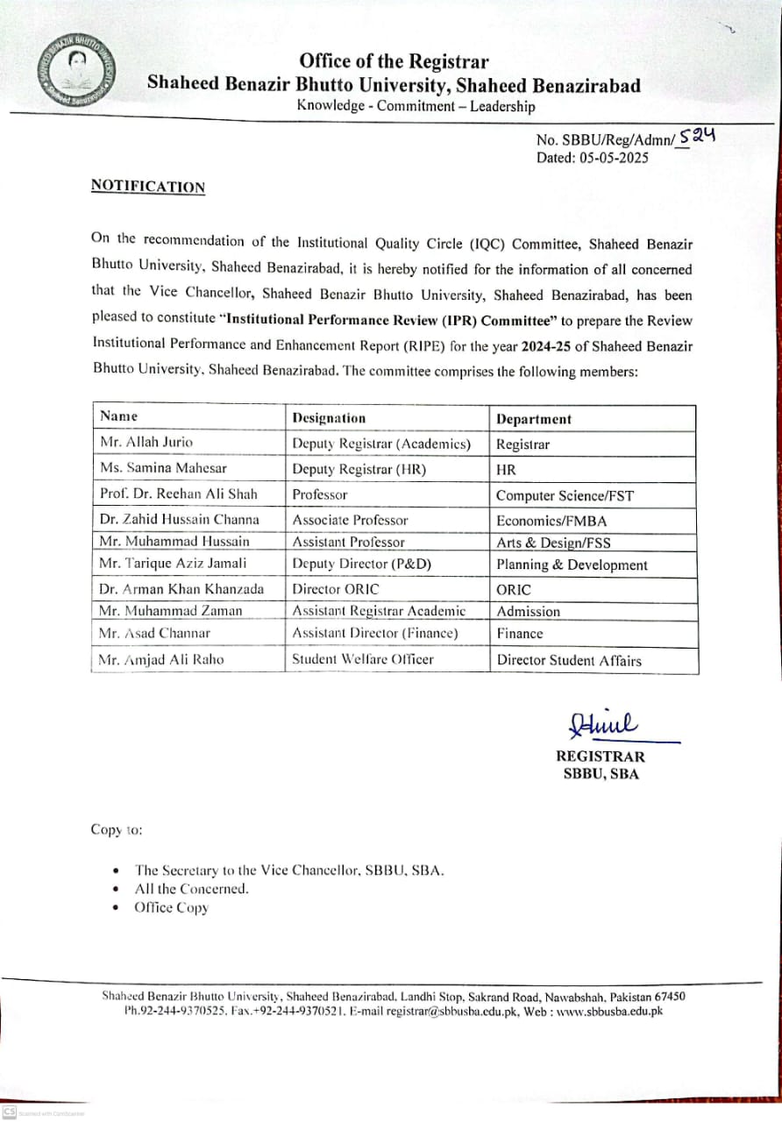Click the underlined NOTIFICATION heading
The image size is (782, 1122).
(x=148, y=187)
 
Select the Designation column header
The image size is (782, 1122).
(x=329, y=418)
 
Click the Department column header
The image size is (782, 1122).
(x=533, y=419)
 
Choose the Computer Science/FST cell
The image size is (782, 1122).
(x=565, y=495)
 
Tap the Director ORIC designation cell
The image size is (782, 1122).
(x=336, y=589)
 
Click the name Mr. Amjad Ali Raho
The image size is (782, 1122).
(x=161, y=659)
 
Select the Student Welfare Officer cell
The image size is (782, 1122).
(x=363, y=659)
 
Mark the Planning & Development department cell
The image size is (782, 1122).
(x=572, y=565)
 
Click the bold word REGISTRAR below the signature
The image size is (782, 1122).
(x=600, y=756)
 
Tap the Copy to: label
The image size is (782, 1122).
(x=117, y=829)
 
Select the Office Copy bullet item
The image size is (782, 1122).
(x=171, y=907)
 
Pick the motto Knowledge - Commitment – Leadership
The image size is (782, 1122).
(x=416, y=106)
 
